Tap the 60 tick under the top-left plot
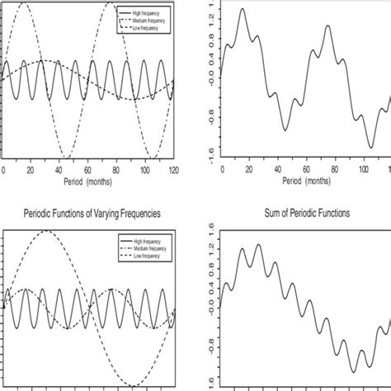pyautogui.click(x=87, y=171)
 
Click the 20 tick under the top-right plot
pyautogui.click(x=250, y=171)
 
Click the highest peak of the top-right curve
pyautogui.click(x=242, y=9)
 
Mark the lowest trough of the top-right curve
pyautogui.click(x=370, y=148)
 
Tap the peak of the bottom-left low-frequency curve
pyautogui.click(x=48, y=231)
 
